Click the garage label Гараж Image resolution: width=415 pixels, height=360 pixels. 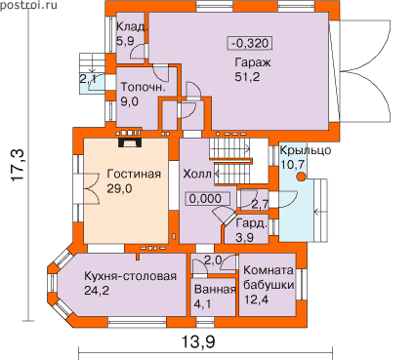[x=253, y=62]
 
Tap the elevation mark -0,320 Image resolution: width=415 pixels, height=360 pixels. [x=251, y=43]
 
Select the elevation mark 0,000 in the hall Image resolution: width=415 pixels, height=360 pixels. [x=208, y=198]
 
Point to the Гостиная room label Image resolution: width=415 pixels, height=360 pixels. [x=134, y=174]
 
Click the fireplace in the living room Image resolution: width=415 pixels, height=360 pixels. [x=129, y=143]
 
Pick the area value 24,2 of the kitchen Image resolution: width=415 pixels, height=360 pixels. [x=97, y=290]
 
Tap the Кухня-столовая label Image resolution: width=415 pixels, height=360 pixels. [x=130, y=276]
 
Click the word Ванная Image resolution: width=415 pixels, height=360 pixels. [x=215, y=290]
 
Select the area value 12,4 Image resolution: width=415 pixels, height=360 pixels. [x=256, y=300]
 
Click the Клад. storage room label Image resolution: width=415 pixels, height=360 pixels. [x=133, y=26]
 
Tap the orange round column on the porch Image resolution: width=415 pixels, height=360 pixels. [x=302, y=177]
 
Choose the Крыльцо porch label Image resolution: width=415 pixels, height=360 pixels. [x=306, y=150]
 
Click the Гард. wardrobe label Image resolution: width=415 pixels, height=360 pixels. [x=252, y=223]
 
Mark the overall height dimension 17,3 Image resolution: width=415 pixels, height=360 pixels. [x=19, y=165]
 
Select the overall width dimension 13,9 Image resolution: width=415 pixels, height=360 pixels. [x=198, y=341]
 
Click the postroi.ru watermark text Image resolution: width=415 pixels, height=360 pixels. [x=29, y=5]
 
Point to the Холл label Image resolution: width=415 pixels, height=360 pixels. [x=197, y=174]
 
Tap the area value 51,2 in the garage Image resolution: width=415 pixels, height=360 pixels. [x=247, y=77]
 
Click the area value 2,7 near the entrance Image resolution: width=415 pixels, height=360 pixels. [x=260, y=204]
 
